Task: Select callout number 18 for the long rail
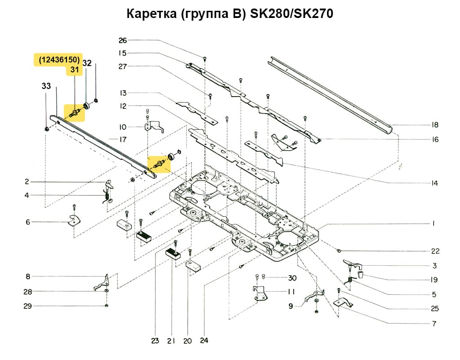click(434, 125)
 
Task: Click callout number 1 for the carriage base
click(434, 223)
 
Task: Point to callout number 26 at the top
click(123, 40)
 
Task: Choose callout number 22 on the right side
click(435, 251)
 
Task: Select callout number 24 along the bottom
click(205, 341)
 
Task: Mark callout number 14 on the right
click(434, 183)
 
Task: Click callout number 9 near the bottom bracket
click(291, 306)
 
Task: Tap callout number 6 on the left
click(27, 222)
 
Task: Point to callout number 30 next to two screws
click(280, 277)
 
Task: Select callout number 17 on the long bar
click(123, 140)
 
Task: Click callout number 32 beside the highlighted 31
click(87, 63)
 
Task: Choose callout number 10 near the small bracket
click(123, 127)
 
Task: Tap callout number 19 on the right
click(434, 280)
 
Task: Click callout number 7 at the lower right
click(434, 324)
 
